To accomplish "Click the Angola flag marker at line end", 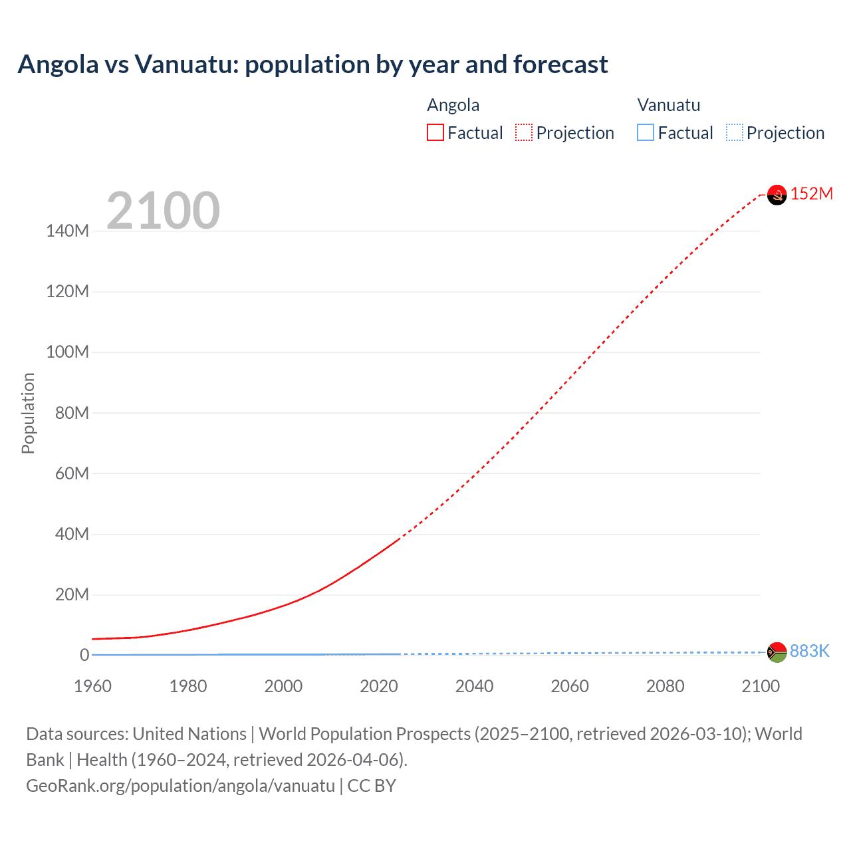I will click(777, 195).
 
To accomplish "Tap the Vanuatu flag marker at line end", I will click(777, 652).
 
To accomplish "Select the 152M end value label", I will click(811, 193).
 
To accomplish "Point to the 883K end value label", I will click(809, 651).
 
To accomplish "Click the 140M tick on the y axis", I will click(67, 231).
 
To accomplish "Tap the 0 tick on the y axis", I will click(84, 655).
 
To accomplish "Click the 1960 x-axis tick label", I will click(92, 686).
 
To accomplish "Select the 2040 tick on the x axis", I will click(474, 686).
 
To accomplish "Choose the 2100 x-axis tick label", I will click(760, 686).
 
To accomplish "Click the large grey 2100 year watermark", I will click(163, 211).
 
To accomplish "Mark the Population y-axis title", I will click(28, 413).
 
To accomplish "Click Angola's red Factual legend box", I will click(435, 132).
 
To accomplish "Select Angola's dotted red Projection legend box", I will click(524, 132).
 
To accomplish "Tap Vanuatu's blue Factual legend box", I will click(646, 132).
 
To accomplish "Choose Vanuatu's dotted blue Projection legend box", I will click(734, 132).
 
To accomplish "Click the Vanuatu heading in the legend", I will click(668, 105).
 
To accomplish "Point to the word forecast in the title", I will click(560, 64).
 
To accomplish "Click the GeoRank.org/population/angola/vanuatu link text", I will click(180, 786).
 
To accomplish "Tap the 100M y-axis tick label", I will click(67, 352).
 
